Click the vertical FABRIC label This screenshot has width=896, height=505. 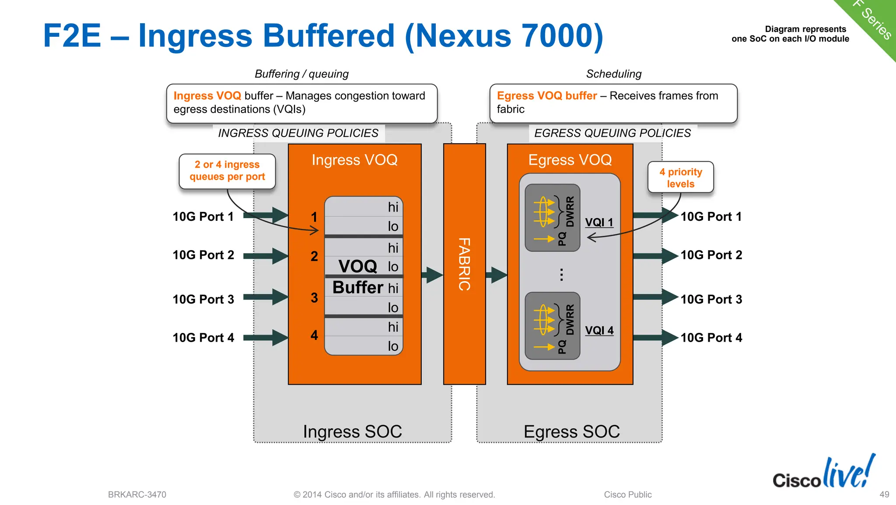coord(464,264)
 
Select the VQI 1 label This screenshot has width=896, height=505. coord(599,222)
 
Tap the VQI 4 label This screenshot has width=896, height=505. coord(599,330)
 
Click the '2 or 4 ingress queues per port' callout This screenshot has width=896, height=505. coord(227,171)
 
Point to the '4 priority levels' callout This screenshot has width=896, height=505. coord(680,177)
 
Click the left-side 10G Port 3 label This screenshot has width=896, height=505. coord(203,299)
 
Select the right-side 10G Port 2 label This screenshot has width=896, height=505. coord(711,255)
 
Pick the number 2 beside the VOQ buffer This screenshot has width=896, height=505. coord(314,256)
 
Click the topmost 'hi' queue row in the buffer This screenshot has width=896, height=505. coord(364,207)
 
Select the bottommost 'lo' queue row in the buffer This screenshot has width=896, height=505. coord(364,346)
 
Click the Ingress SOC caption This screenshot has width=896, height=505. coord(352,431)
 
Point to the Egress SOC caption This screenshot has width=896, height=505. coord(571,431)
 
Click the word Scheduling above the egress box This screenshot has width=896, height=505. coord(613,74)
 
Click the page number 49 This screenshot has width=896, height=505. coord(884,494)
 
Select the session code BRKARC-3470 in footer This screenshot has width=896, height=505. coord(137,494)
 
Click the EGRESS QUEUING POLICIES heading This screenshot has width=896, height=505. coord(612,133)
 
